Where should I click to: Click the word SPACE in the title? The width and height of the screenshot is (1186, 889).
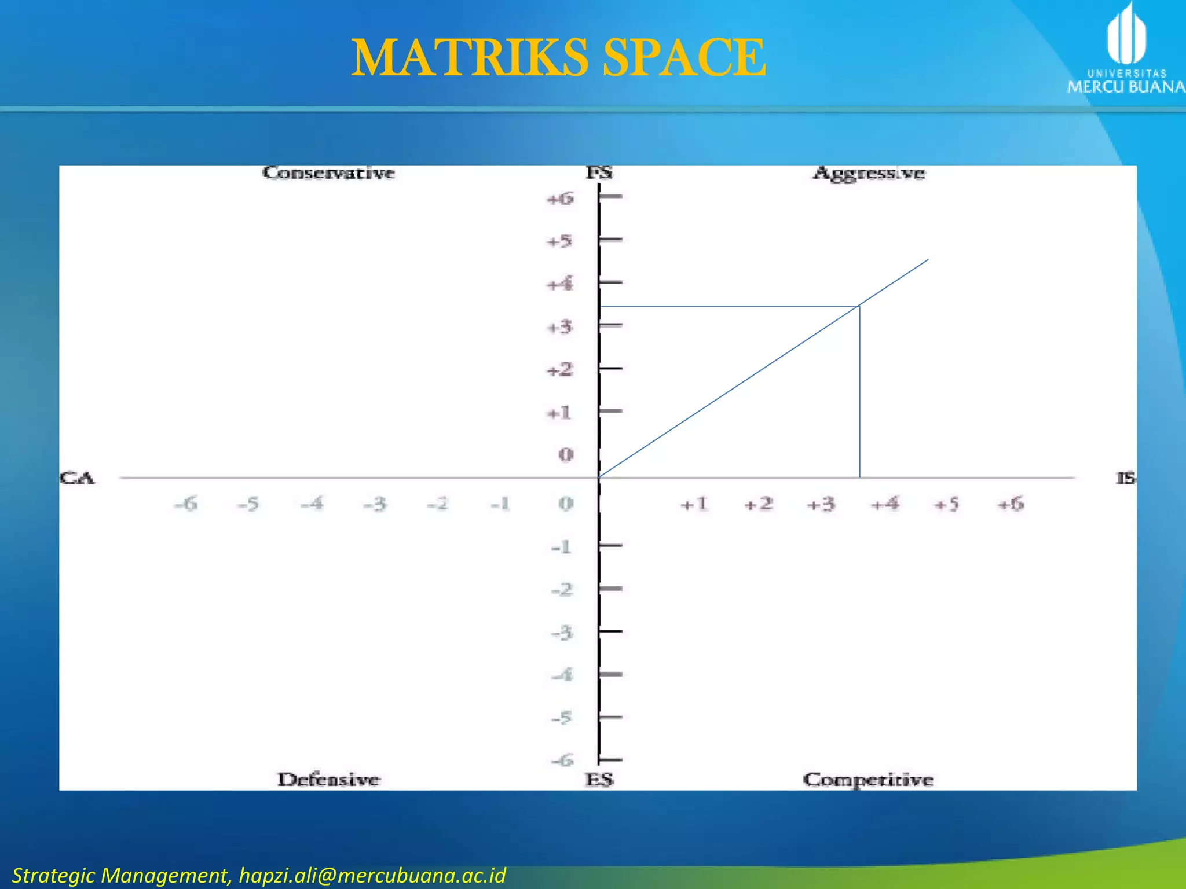[x=684, y=57]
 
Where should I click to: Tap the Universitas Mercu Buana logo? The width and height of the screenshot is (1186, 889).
[x=1126, y=49]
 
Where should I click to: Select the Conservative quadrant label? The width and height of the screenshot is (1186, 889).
[x=328, y=173]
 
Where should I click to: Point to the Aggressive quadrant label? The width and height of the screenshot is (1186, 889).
[x=869, y=173]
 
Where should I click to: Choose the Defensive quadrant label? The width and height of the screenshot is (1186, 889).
[x=328, y=780]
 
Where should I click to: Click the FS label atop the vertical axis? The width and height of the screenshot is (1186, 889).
[x=599, y=172]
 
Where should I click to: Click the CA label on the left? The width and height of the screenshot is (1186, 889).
[x=76, y=479]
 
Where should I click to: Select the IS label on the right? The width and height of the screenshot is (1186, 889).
[x=1126, y=479]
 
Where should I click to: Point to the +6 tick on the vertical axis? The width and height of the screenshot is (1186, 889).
[x=561, y=199]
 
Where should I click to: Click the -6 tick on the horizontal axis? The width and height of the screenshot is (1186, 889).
[x=186, y=504]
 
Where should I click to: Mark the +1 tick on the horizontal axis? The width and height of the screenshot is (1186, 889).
[x=694, y=504]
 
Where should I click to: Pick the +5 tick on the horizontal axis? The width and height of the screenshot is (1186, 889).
[x=947, y=504]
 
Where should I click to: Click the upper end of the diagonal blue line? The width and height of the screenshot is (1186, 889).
[x=928, y=260]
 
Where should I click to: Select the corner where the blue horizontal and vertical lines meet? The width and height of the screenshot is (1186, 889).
[x=859, y=306]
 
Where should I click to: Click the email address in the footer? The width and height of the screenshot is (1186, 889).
[x=372, y=875]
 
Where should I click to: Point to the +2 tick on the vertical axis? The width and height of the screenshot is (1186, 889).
[x=561, y=369]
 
